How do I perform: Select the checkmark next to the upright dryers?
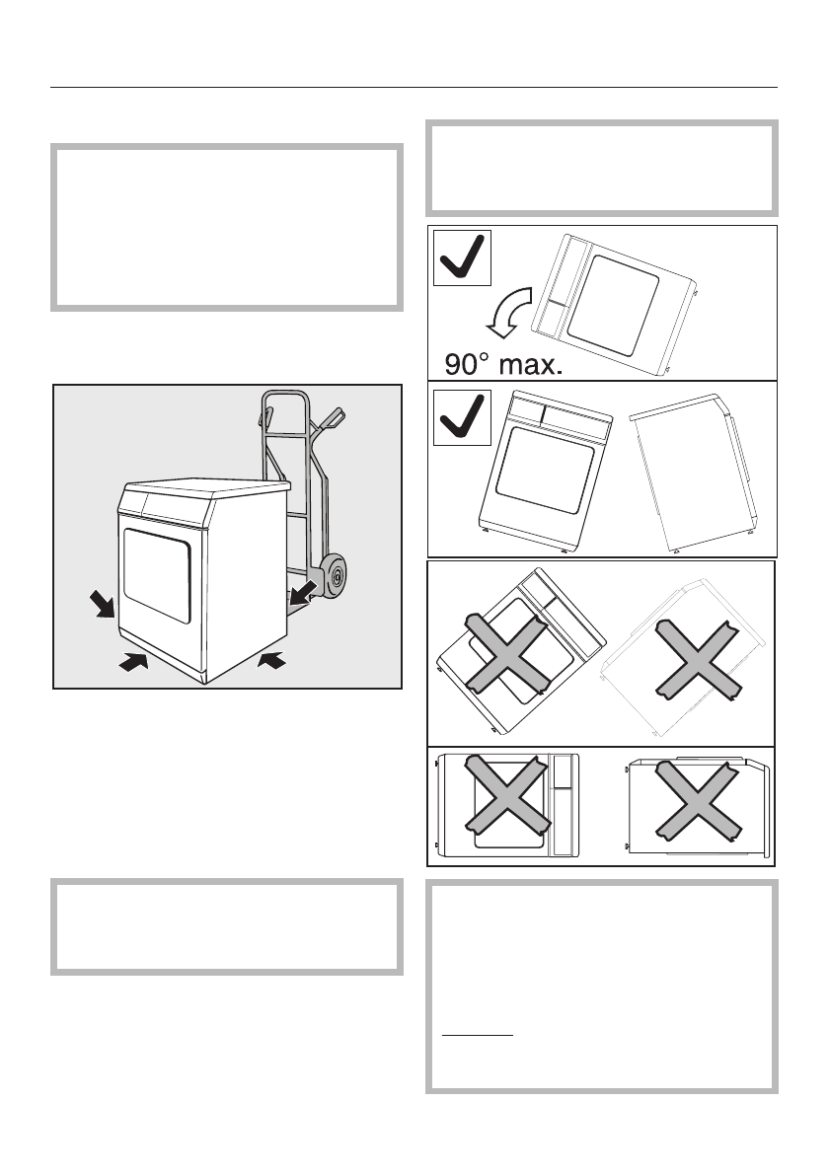[x=463, y=416]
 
